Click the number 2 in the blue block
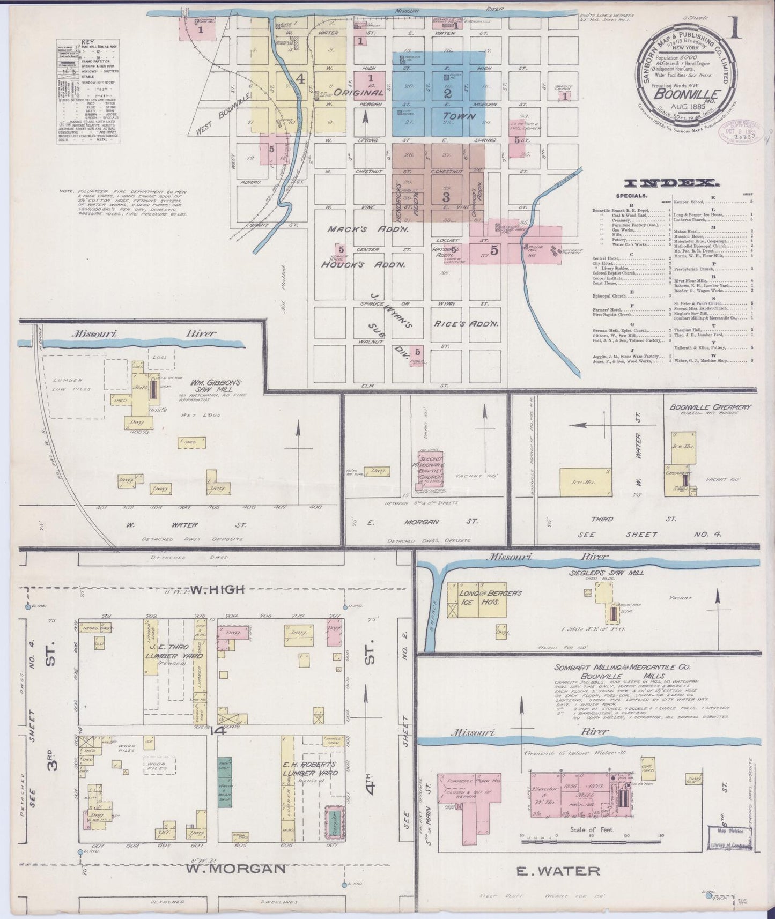click(447, 93)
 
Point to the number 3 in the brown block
click(445, 197)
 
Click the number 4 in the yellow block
click(300, 79)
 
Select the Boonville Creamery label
click(710, 407)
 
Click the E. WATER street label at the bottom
click(557, 871)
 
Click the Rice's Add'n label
click(465, 324)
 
